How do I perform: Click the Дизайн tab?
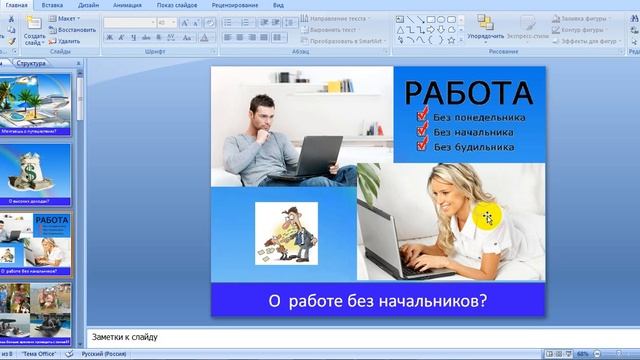(x=88, y=5)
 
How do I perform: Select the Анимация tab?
(x=126, y=5)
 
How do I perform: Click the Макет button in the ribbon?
(x=66, y=18)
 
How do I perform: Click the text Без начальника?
(x=474, y=130)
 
